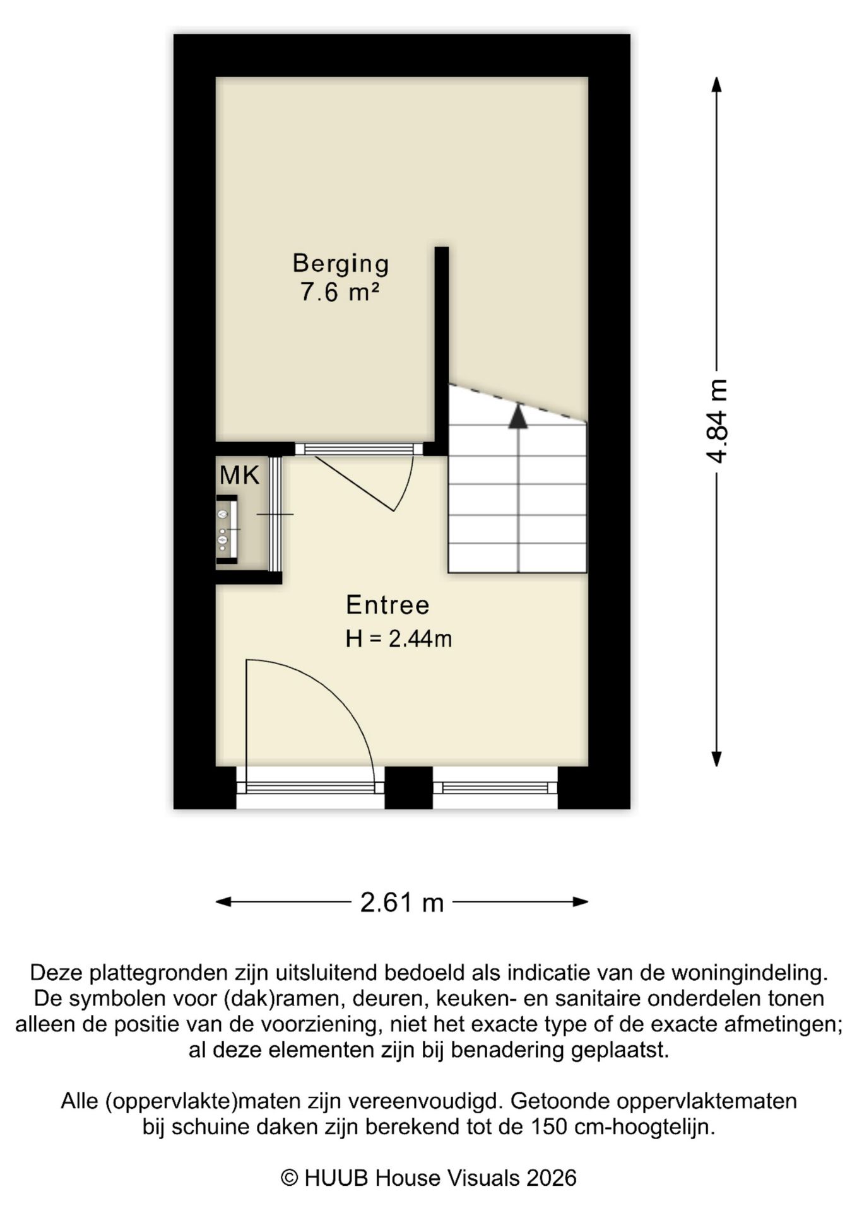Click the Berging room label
pyautogui.click(x=340, y=263)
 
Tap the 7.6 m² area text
pyautogui.click(x=340, y=293)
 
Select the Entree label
pyautogui.click(x=387, y=605)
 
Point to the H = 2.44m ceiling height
pyautogui.click(x=398, y=639)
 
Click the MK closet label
pyautogui.click(x=239, y=475)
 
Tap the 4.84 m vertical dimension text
pyautogui.click(x=717, y=421)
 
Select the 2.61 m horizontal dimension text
pyautogui.click(x=402, y=903)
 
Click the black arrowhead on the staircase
pyautogui.click(x=517, y=417)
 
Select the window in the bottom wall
pyautogui.click(x=495, y=787)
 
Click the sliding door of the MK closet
pyautogui.click(x=275, y=514)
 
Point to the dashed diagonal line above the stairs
pyautogui.click(x=517, y=402)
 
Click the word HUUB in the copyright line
pyautogui.click(x=335, y=1178)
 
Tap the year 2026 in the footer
pyautogui.click(x=552, y=1178)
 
